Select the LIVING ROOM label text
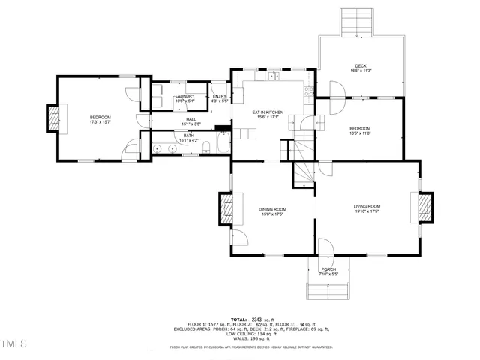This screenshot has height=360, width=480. [367, 206]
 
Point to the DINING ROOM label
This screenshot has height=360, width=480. [273, 209]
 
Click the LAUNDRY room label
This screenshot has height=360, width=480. [185, 96]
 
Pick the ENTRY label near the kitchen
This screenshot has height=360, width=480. [219, 96]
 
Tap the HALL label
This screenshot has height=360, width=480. [191, 119]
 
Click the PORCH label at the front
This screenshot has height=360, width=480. [328, 269]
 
